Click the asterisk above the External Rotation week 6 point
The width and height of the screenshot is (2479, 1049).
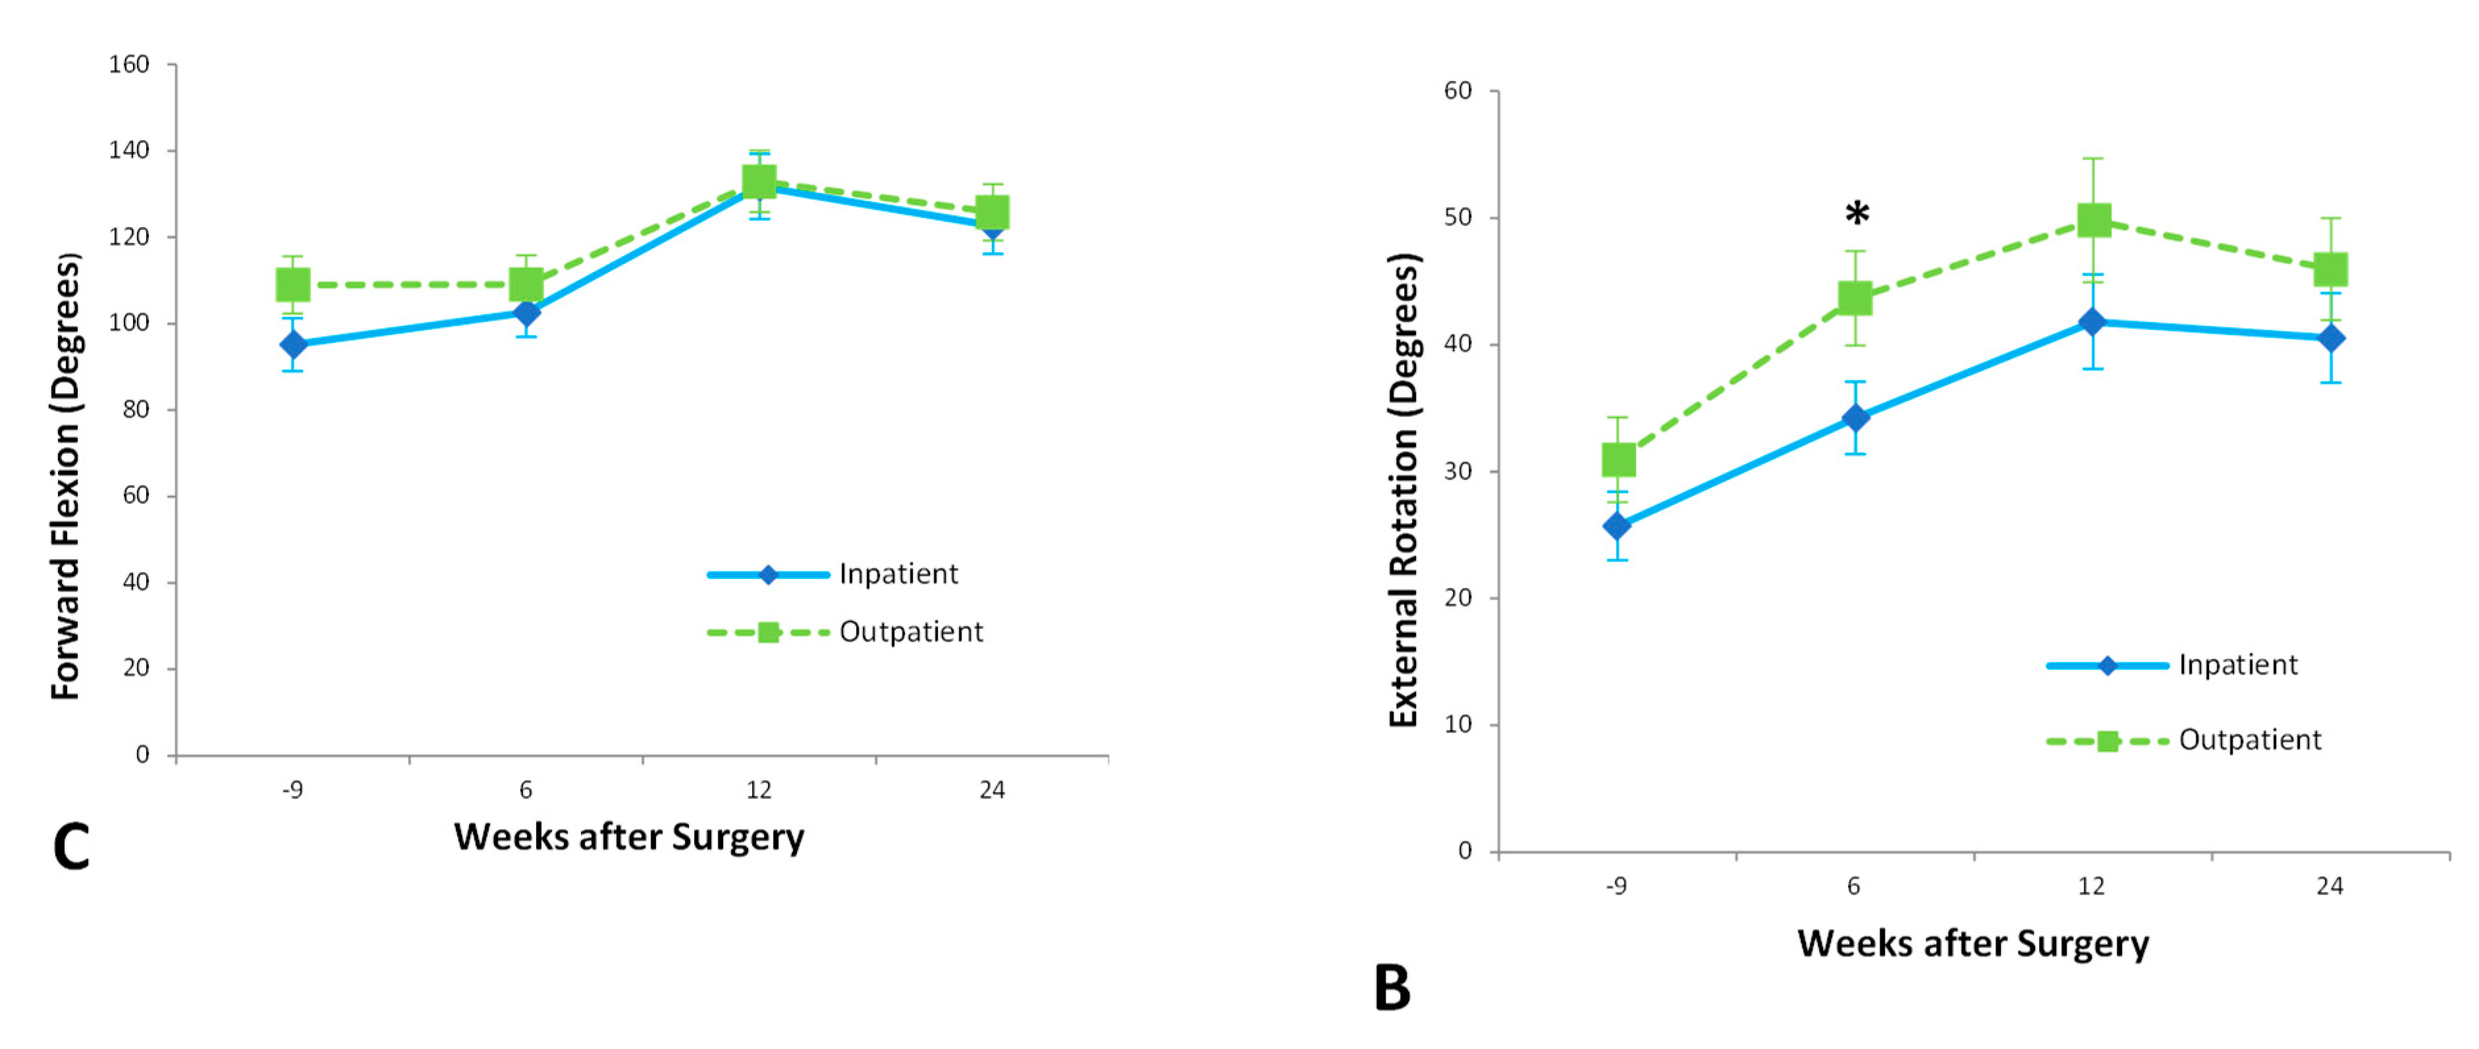coord(1857,213)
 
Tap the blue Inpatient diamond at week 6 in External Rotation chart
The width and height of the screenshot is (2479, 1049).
coord(1855,417)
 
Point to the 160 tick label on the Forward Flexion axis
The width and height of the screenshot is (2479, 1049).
coord(129,65)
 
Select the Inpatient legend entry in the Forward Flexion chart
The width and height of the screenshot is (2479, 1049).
coord(897,574)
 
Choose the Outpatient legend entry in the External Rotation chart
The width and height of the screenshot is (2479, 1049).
coord(2249,740)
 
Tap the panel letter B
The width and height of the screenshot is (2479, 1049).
coord(1392,988)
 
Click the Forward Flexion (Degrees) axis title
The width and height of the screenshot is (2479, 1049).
coord(65,476)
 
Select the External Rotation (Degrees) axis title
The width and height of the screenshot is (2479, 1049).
coord(1404,490)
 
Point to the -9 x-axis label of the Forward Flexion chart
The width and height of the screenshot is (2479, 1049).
coord(292,790)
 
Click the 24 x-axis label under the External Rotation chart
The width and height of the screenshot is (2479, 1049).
coord(2329,886)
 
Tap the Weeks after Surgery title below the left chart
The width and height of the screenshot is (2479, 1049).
coord(628,837)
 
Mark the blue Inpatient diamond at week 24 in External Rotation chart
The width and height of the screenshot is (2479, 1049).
coord(2331,338)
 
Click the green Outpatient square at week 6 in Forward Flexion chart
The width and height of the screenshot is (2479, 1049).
coord(526,285)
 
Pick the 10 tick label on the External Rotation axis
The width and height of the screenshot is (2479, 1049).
coord(1459,724)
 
